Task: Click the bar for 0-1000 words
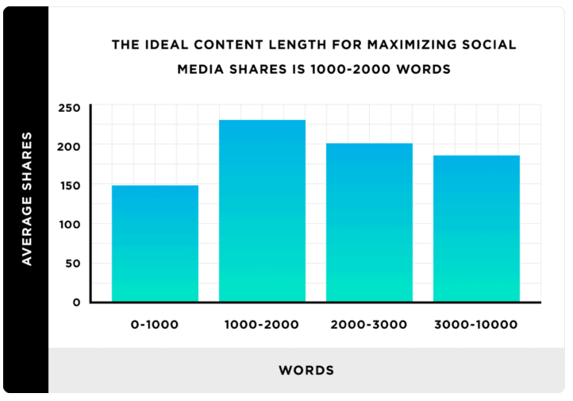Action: [x=155, y=243]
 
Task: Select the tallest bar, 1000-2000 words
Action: [x=262, y=210]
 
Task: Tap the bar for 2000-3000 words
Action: [x=369, y=222]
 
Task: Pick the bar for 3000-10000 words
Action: [x=476, y=228]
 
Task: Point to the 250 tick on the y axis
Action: [x=70, y=108]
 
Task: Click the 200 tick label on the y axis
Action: [x=70, y=147]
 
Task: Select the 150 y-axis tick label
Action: [x=70, y=186]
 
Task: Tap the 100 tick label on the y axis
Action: [x=70, y=225]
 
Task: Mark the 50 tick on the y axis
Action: [x=73, y=264]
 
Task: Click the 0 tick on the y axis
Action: [x=76, y=303]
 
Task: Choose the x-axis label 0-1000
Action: [x=155, y=325]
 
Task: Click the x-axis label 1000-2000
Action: [x=262, y=325]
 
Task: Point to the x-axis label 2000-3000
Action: [x=369, y=325]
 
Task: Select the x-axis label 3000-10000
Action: [x=476, y=325]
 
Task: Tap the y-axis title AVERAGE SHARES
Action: [x=27, y=199]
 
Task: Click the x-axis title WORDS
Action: [x=306, y=370]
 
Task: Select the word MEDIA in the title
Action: [x=198, y=69]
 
